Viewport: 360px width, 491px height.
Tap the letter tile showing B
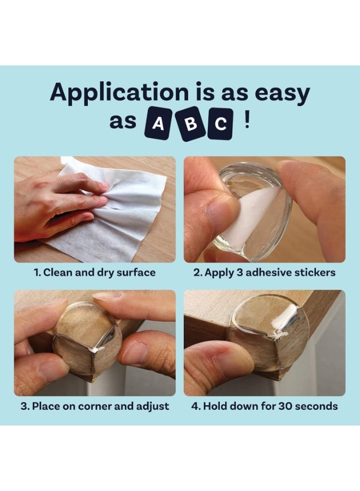click(190, 123)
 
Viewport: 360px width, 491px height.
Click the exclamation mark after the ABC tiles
click(247, 121)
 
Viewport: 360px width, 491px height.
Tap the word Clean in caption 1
click(58, 272)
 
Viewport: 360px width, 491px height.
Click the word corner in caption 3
click(95, 406)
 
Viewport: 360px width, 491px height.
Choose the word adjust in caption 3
click(153, 406)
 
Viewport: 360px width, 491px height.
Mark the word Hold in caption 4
click(214, 406)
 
